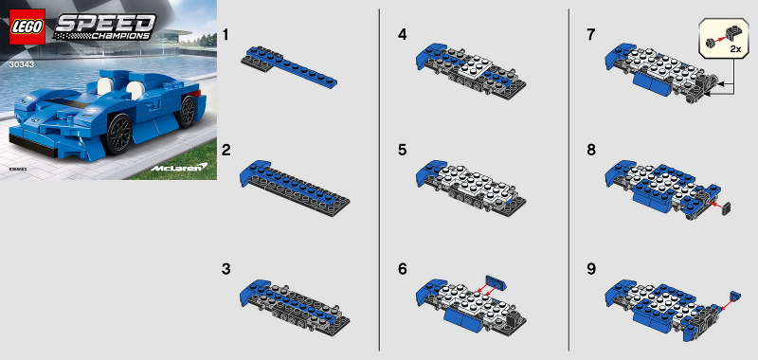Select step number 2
[x=226, y=151]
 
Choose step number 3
[x=226, y=269]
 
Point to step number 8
[x=591, y=151]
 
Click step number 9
[x=591, y=269]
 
